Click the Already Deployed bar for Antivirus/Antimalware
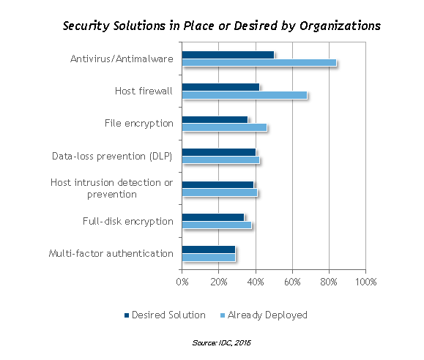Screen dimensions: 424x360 click(259, 63)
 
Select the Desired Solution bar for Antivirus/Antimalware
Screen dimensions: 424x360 click(228, 55)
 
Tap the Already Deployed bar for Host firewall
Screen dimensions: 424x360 click(245, 95)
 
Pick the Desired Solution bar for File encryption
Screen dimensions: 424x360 click(215, 120)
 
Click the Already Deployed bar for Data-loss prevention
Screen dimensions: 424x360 click(220, 160)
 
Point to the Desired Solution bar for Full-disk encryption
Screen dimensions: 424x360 click(213, 217)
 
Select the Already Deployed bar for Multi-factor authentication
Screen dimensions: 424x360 click(209, 258)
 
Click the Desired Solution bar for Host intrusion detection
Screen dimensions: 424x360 click(217, 185)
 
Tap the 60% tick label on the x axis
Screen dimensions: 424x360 click(292, 282)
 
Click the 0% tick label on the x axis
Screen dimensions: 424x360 click(182, 282)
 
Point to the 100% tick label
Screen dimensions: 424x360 click(365, 282)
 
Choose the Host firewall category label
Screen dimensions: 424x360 click(144, 91)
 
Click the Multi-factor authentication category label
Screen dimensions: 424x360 click(111, 253)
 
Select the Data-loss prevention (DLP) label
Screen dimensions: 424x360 click(112, 156)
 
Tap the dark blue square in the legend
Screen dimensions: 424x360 click(127, 315)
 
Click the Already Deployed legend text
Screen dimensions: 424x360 click(267, 315)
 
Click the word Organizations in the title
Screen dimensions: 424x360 click(341, 26)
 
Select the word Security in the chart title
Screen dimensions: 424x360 click(86, 26)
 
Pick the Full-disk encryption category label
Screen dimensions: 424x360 click(128, 222)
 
